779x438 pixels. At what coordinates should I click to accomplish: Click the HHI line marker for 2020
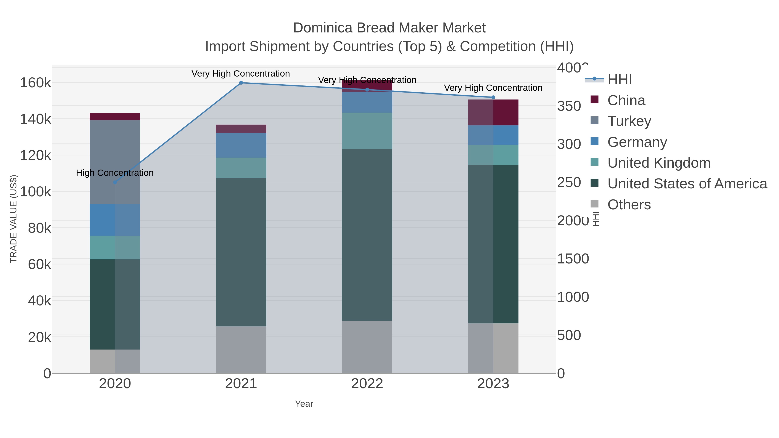[x=115, y=182]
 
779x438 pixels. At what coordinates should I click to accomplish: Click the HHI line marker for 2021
[x=241, y=83]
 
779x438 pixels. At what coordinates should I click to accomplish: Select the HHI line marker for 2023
[x=493, y=97]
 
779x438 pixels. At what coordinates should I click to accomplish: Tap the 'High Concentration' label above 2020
[x=115, y=173]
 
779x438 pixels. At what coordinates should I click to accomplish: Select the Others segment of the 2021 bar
[x=241, y=350]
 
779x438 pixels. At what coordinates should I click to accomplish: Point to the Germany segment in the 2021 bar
[x=241, y=145]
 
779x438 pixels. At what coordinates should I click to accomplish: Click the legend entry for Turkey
[x=629, y=121]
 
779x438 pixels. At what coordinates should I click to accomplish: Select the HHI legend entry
[x=619, y=80]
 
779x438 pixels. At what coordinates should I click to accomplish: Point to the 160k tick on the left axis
[x=36, y=83]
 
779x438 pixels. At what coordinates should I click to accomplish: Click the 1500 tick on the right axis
[x=573, y=259]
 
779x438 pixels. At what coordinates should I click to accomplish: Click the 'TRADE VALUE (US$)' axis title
[x=14, y=219]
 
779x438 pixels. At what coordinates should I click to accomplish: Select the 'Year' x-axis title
[x=304, y=404]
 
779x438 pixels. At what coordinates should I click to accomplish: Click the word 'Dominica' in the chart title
[x=323, y=28]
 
